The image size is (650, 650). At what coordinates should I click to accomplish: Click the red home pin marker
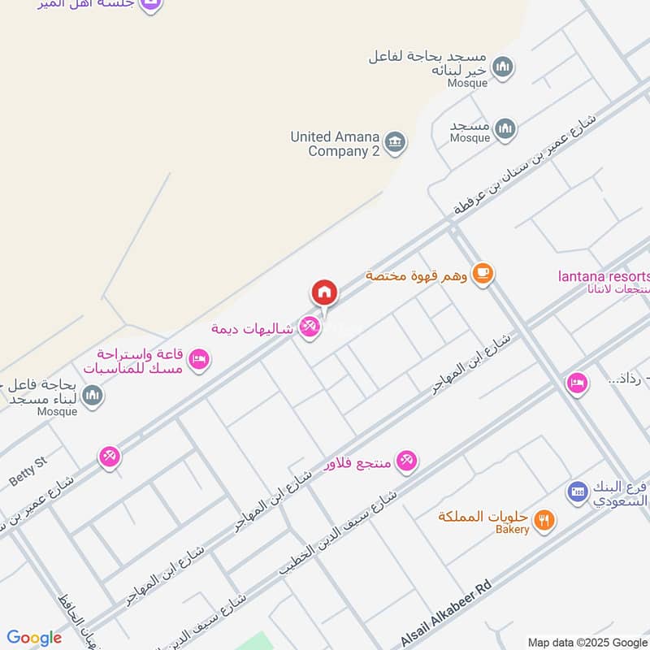[324, 292]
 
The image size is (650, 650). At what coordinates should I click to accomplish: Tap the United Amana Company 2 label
[336, 144]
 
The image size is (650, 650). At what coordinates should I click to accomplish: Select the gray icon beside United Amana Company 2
[395, 142]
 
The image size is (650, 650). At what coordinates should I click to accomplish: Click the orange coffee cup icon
[483, 274]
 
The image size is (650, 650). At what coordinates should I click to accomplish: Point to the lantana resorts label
[604, 275]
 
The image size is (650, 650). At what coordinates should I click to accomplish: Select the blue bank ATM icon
[577, 491]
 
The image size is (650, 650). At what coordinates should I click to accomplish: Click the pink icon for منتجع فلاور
[407, 461]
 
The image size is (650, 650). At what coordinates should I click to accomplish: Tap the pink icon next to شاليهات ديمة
[308, 327]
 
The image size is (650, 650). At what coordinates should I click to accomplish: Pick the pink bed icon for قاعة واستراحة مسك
[198, 358]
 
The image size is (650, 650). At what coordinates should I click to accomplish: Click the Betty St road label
[29, 471]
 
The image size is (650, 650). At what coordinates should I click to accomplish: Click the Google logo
[34, 638]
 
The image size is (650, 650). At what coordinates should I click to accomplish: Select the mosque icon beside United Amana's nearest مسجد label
[505, 128]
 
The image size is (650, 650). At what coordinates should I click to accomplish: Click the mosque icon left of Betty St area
[93, 396]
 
